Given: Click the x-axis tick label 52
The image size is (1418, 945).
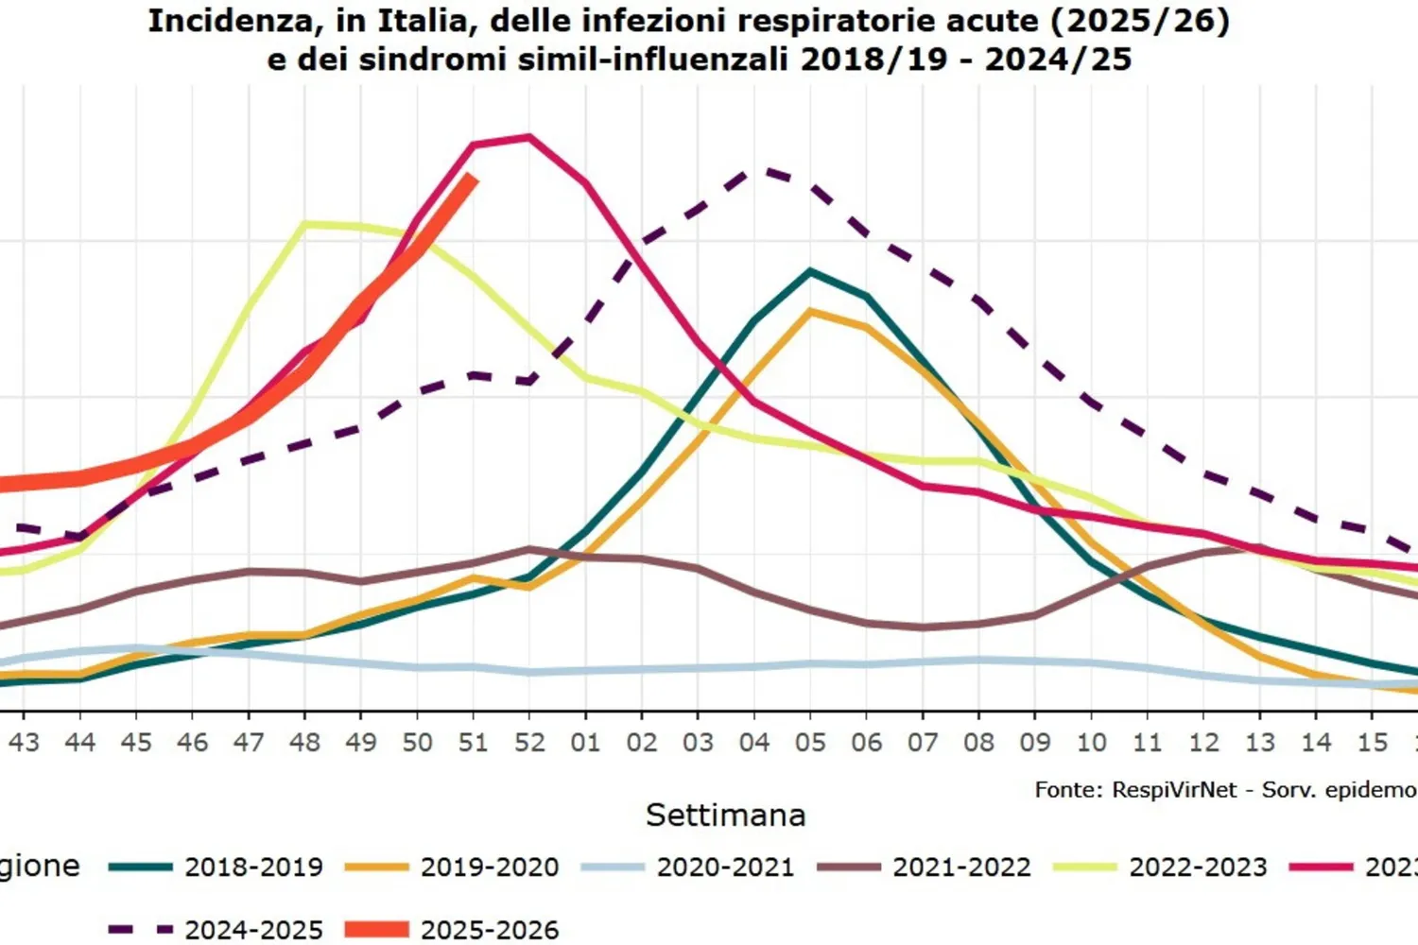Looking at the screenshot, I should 529,743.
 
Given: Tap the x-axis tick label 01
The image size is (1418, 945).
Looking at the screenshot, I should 585,743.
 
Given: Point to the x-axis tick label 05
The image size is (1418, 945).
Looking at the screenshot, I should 810,743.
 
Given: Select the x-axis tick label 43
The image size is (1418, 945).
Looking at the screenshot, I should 24,743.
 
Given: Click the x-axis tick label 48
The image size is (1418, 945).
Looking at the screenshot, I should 304,743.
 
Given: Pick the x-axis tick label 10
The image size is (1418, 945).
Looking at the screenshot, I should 1091,743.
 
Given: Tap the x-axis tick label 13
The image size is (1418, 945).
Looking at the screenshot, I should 1259,743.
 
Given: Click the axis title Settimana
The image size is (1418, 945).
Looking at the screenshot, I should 725,815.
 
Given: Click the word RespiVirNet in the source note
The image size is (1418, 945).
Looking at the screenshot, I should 1173,790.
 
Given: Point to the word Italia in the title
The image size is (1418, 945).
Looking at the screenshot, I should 425,21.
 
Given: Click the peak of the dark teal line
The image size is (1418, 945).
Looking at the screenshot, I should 810,271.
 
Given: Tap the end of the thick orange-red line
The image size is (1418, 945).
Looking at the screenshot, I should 473,178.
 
